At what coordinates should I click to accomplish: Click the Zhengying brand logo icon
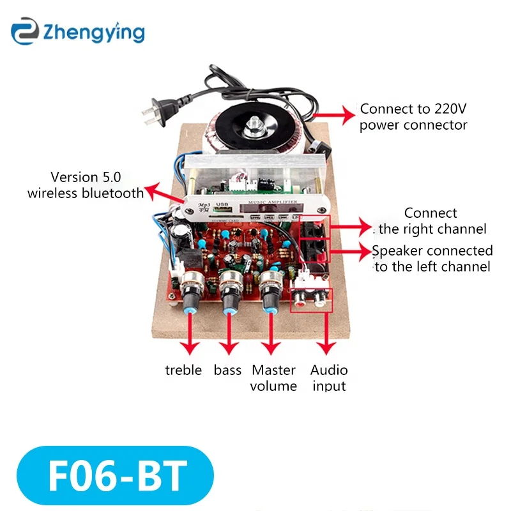[24, 31]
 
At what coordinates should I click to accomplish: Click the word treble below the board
[183, 370]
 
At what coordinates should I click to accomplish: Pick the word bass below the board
[228, 370]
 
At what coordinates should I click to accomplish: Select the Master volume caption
[274, 378]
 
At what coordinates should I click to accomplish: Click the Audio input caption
[329, 378]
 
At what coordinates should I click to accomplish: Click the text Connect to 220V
[412, 109]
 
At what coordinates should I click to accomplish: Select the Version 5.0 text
[86, 177]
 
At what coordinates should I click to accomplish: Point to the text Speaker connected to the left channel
[432, 259]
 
